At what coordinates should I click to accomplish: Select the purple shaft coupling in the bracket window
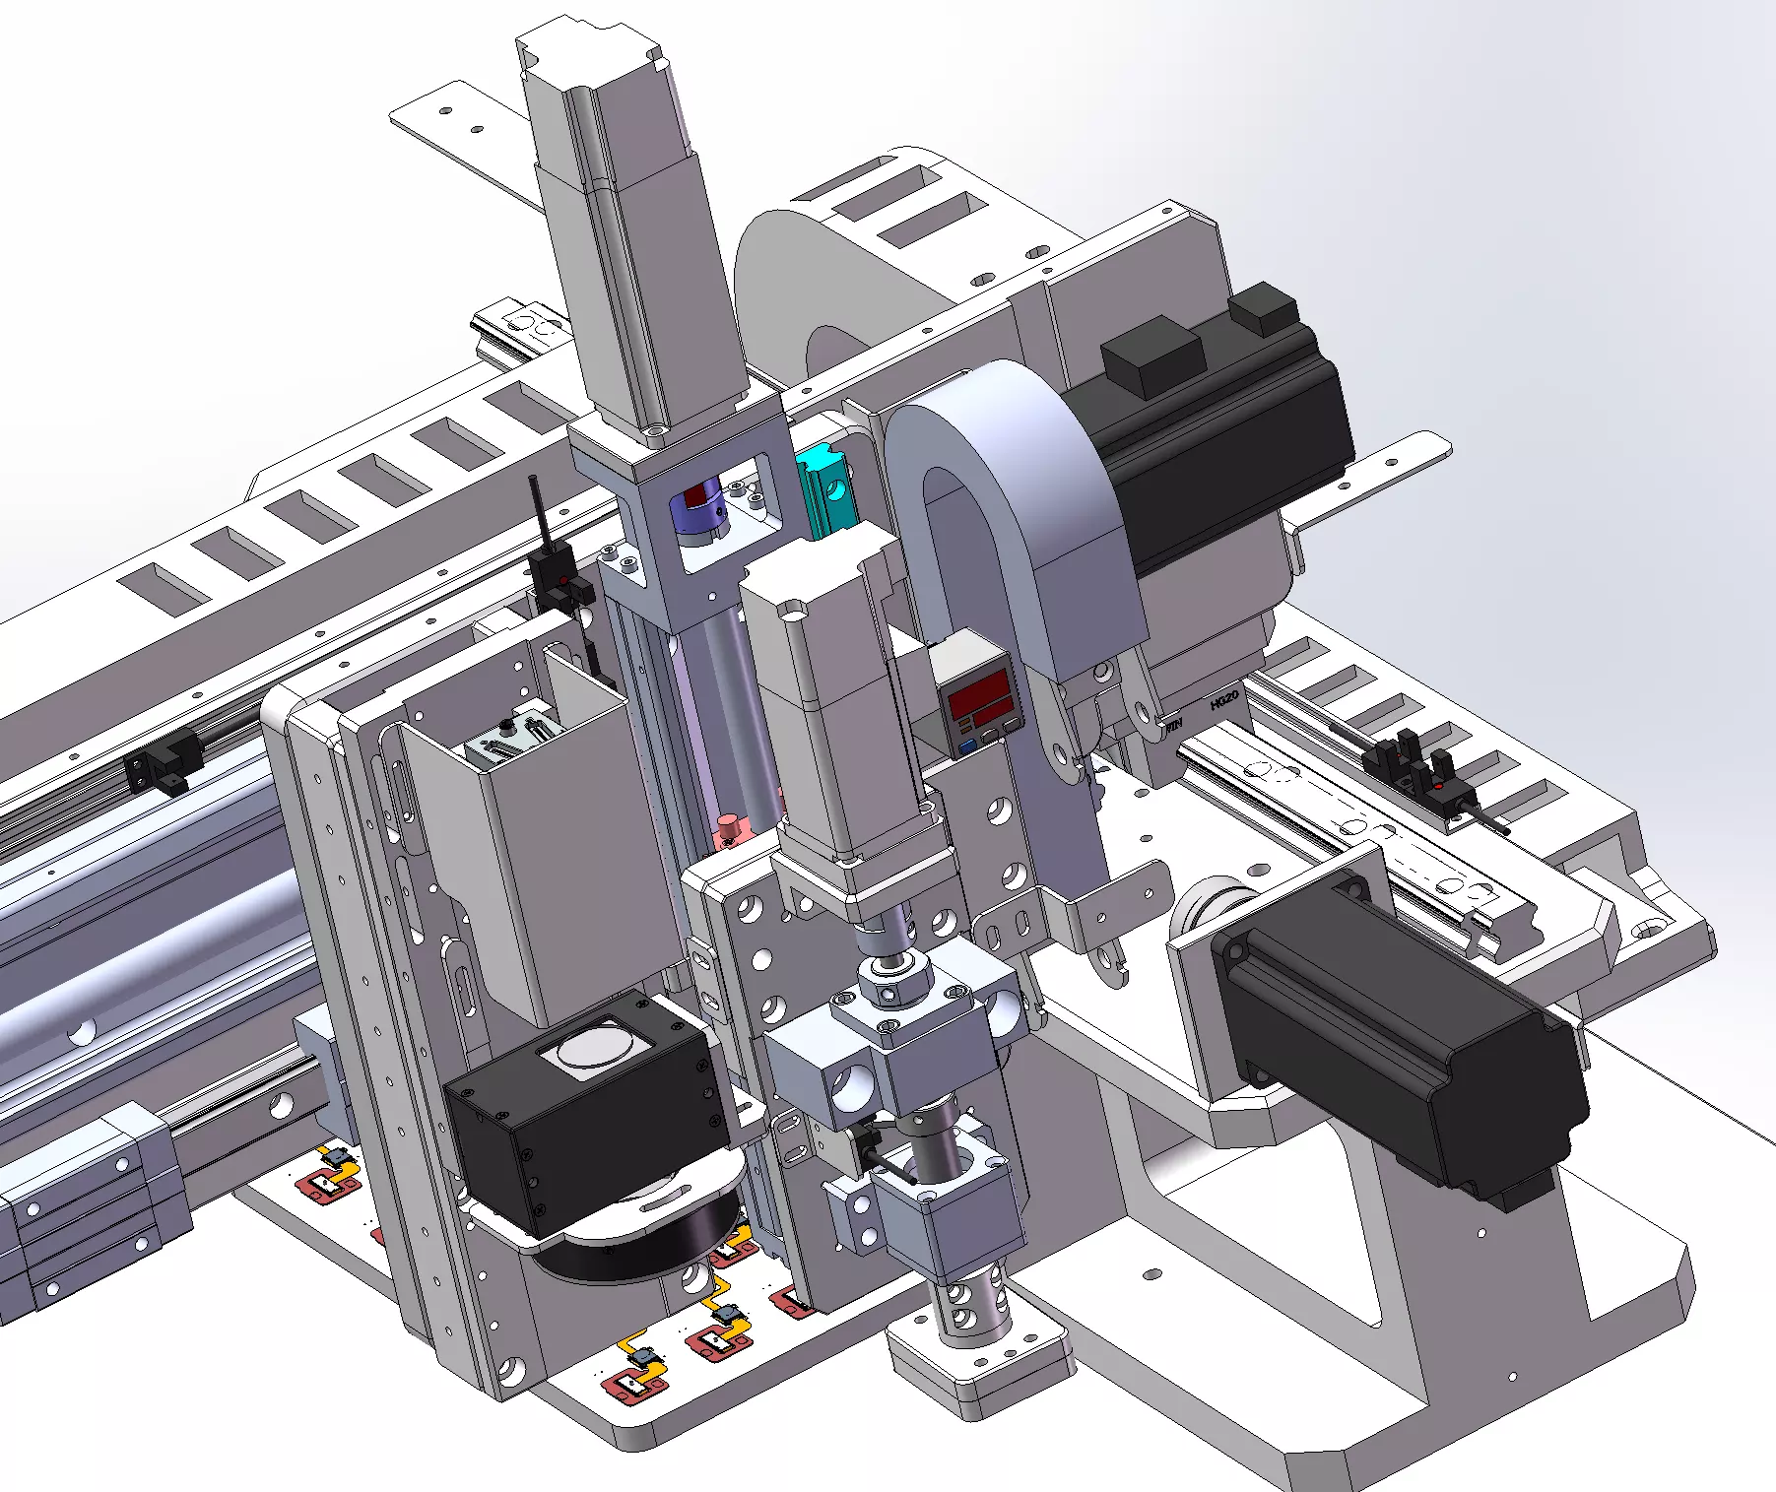[x=697, y=512]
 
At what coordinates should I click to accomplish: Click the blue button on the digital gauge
[x=967, y=746]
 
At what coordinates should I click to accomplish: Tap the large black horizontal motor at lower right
[x=1399, y=1054]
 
